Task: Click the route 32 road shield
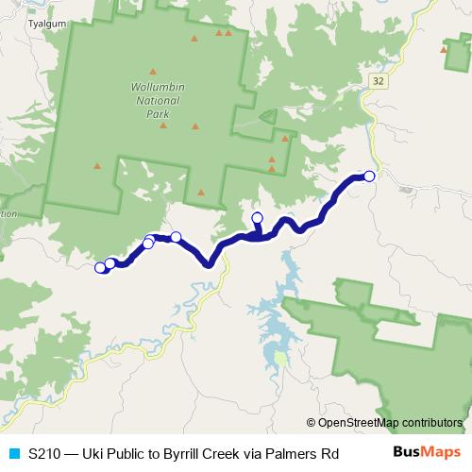(379, 82)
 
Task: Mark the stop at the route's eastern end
(369, 177)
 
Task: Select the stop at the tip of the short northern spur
(258, 219)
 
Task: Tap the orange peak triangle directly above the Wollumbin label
(152, 69)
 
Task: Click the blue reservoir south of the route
(274, 321)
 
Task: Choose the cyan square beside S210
(13, 453)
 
